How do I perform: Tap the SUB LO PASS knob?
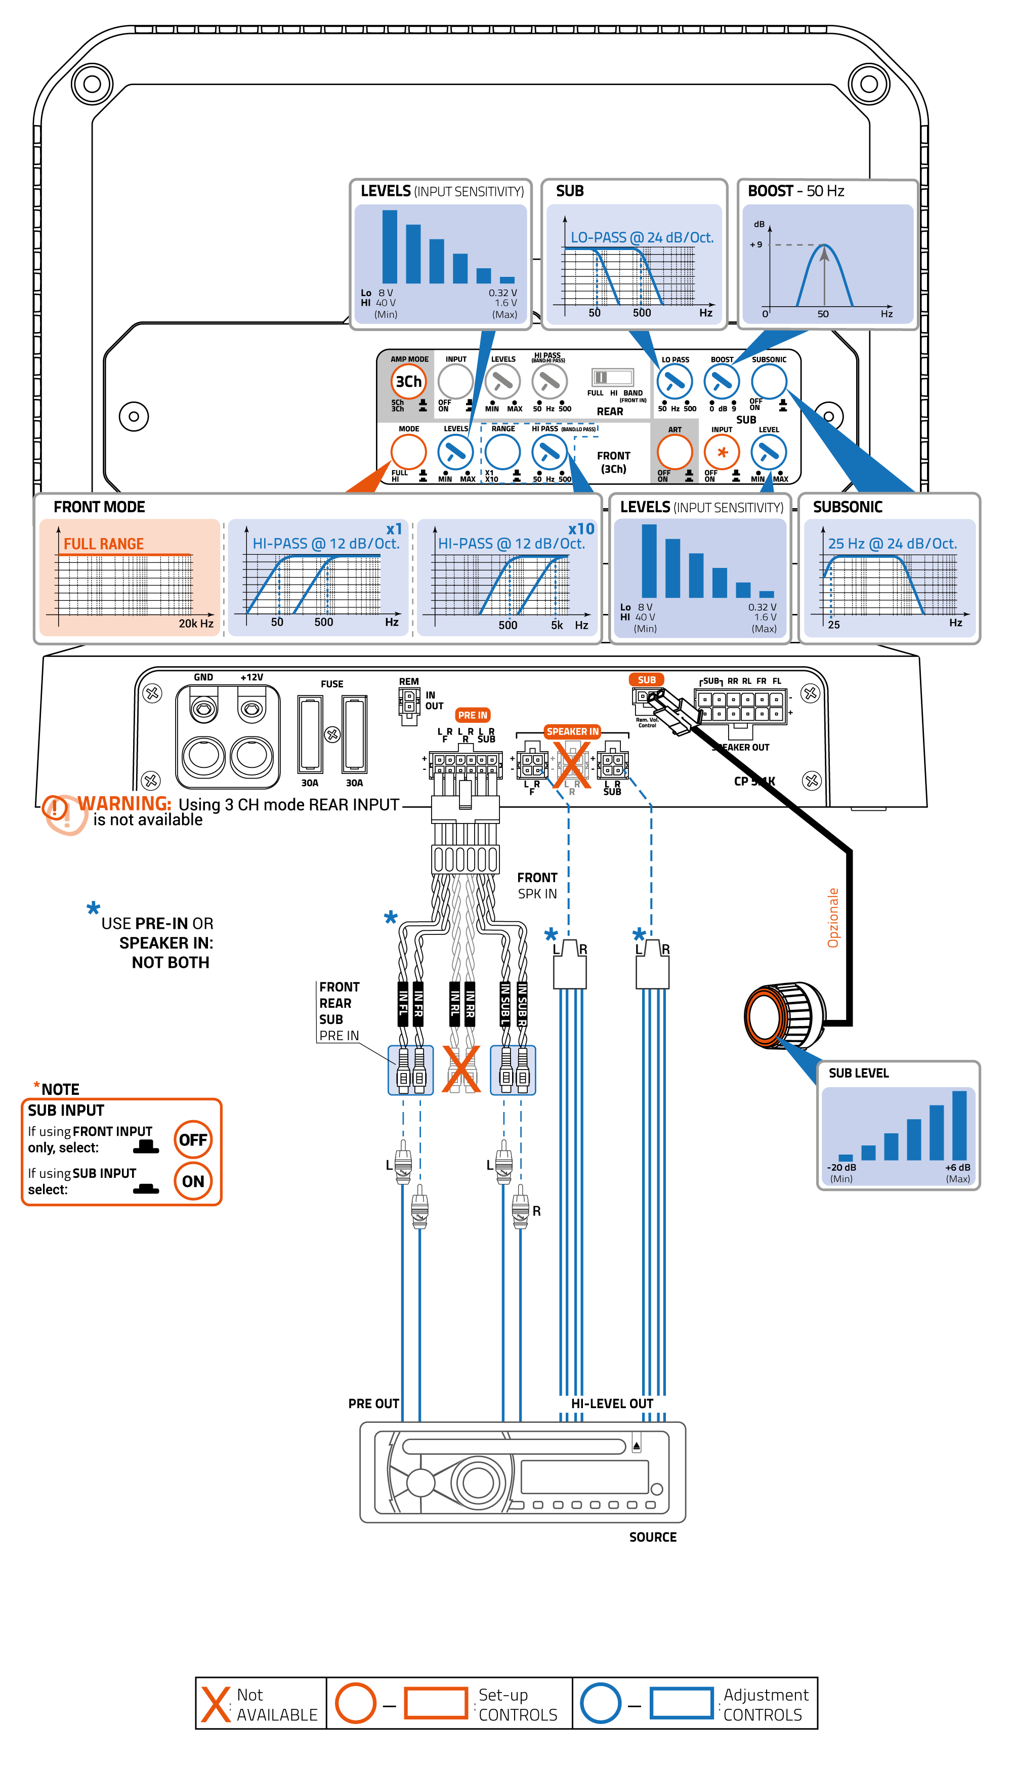[x=674, y=382]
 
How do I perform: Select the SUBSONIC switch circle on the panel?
[x=769, y=381]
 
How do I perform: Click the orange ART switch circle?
[x=674, y=452]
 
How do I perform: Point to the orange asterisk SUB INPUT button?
[x=722, y=453]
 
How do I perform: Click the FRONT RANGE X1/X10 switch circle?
[x=502, y=452]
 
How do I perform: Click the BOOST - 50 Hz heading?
[x=796, y=191]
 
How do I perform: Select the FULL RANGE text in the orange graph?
[x=104, y=544]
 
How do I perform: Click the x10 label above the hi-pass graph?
[x=581, y=529]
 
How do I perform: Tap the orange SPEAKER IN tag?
[x=572, y=731]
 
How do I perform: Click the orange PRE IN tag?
[x=473, y=715]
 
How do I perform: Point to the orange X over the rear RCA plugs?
[x=461, y=1069]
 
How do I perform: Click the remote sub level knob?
[x=778, y=1016]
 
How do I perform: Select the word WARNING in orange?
[x=124, y=804]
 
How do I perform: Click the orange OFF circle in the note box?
[x=192, y=1139]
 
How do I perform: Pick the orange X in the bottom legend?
[x=216, y=1705]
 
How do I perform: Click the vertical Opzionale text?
[x=833, y=918]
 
